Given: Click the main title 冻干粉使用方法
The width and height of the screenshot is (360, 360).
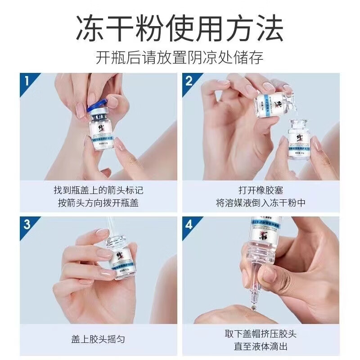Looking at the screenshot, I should coord(180,28).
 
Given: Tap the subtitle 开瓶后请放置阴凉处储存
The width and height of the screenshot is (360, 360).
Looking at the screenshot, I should coord(180,58).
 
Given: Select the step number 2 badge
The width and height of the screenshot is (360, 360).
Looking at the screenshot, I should coord(189,81).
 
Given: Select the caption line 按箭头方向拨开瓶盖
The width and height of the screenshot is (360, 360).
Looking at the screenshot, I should coord(99,203).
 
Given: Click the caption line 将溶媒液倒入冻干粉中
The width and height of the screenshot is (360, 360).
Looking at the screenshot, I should coord(261,203).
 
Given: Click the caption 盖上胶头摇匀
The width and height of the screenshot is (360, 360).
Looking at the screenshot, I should coord(99,340).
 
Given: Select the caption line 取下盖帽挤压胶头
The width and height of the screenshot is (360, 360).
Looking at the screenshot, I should coord(261,333).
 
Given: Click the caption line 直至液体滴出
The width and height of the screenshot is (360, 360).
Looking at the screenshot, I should coord(261,346).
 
